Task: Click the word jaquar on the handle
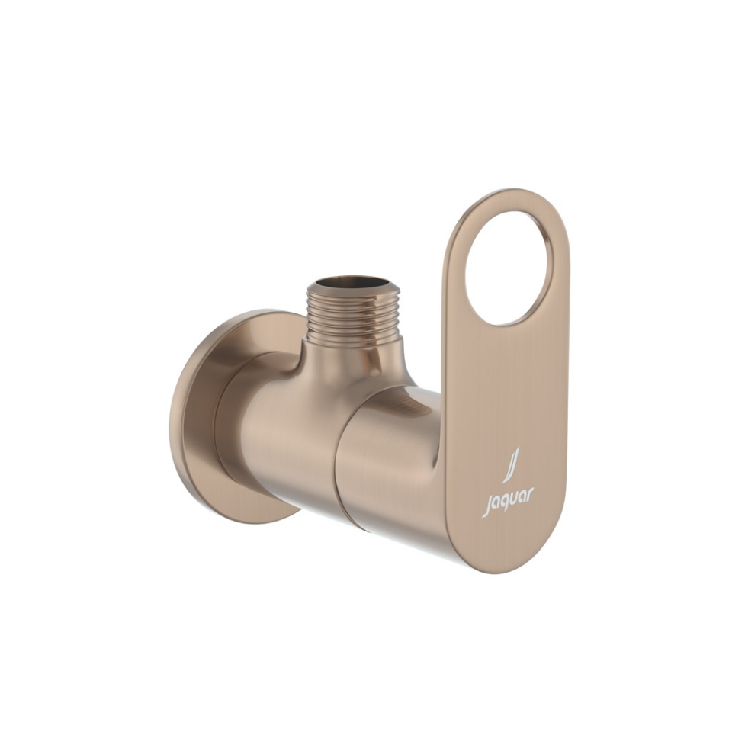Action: pos(508,502)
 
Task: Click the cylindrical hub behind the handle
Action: pos(389,457)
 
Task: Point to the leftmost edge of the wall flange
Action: pos(172,416)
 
